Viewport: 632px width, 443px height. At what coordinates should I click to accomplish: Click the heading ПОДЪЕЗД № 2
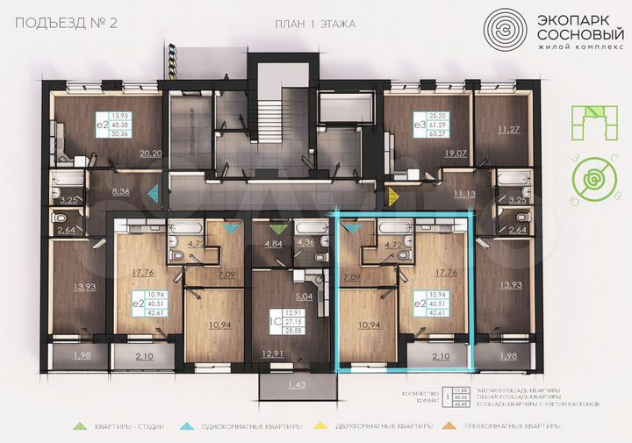[x=55, y=24]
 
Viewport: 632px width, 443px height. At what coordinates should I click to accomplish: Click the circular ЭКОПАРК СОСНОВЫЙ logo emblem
[x=506, y=30]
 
